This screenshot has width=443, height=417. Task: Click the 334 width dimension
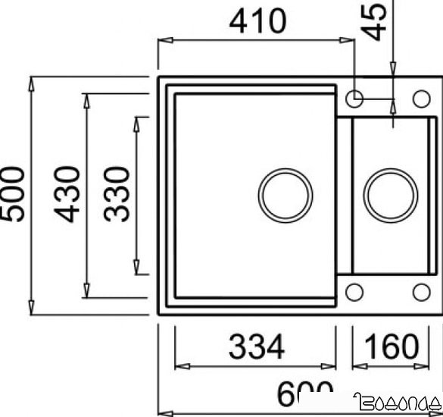(256, 346)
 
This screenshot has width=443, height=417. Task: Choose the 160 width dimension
(390, 346)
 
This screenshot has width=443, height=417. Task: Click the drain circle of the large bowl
(285, 195)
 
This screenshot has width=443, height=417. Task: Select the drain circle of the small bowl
(390, 195)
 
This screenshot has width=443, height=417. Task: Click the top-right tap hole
(420, 98)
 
